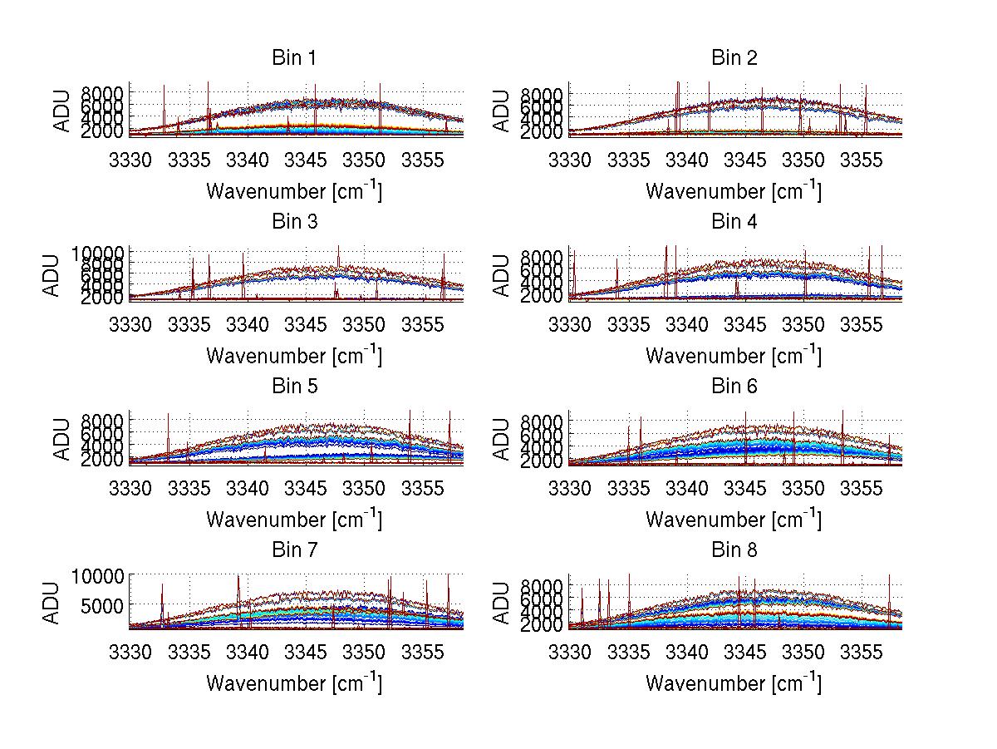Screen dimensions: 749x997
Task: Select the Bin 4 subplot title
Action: coord(734,222)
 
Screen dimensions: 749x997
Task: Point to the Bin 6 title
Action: coord(734,387)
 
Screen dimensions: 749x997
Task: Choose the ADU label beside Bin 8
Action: coord(501,603)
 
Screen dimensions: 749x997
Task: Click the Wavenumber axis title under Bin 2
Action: coord(734,191)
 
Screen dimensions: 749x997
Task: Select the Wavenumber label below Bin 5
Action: coord(294,520)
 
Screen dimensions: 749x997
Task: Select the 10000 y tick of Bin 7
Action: coord(102,575)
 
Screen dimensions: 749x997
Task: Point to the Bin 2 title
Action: coord(734,58)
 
